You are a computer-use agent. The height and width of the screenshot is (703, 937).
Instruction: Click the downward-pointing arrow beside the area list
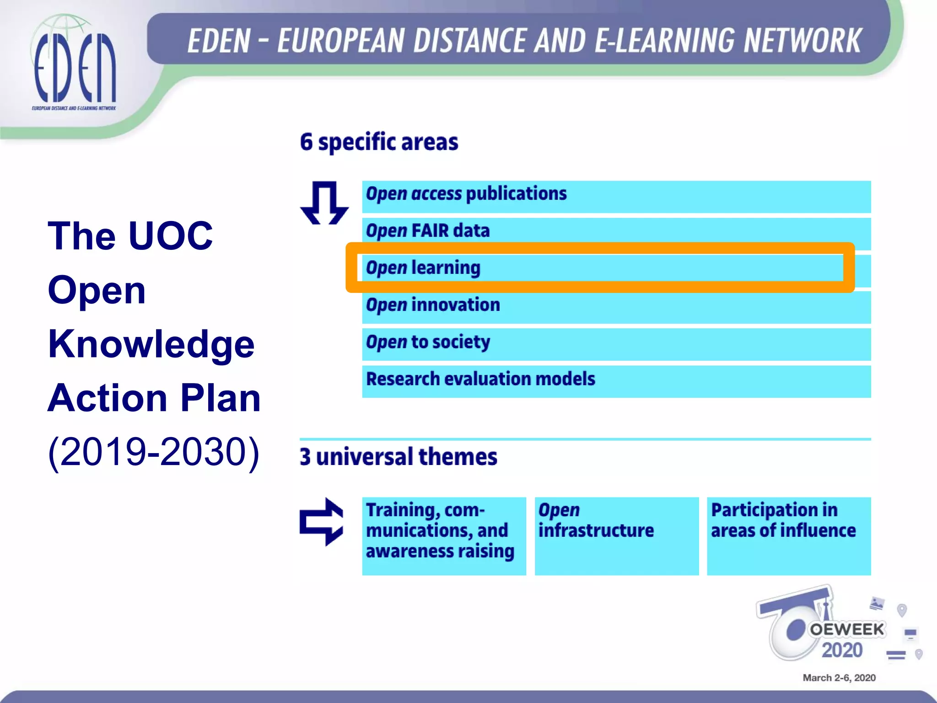pos(324,202)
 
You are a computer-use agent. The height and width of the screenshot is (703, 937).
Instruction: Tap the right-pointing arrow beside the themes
pos(322,522)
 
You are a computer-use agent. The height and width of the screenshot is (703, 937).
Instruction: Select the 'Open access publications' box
pos(616,196)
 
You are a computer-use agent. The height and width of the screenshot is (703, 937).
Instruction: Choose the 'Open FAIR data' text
pos(428,231)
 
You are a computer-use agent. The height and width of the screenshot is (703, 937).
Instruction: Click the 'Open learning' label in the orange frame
pos(423,268)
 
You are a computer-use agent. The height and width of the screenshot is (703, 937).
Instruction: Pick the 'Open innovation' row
pos(616,307)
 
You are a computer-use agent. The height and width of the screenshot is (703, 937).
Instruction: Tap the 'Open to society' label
pos(428,342)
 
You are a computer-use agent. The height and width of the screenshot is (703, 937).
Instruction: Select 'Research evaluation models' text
pos(480,379)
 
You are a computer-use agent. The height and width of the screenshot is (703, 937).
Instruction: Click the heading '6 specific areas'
pos(379,142)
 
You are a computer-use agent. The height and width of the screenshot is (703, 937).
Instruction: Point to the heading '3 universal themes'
pos(398,457)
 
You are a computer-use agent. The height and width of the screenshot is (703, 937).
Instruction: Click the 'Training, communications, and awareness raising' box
pos(444,535)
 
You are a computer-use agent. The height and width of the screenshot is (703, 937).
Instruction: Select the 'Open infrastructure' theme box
pos(616,535)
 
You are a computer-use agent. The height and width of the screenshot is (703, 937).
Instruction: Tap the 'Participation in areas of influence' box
pos(788,535)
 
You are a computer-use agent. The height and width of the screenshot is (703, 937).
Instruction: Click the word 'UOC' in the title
pos(171,236)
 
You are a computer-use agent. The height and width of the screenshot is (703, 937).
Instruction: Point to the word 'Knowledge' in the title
pos(151,344)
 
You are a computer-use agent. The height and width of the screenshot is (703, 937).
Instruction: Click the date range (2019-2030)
pos(154,452)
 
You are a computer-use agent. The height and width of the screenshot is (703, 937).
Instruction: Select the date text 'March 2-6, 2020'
pos(839,678)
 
